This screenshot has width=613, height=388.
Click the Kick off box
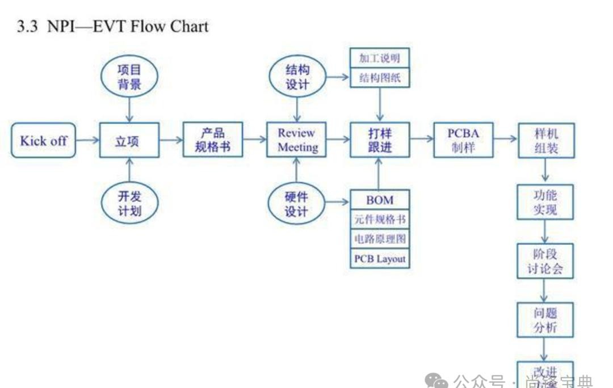coord(43,141)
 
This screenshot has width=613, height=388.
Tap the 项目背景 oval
coord(129,78)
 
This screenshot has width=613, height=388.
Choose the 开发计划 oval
coord(129,204)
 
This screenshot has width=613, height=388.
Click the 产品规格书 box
coord(213,140)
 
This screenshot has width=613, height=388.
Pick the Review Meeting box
coord(296,140)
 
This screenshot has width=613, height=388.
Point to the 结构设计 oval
coord(297,78)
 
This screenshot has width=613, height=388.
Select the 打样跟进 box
coord(380,140)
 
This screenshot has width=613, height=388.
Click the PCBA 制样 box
coord(463,140)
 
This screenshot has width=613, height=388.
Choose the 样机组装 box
coord(546,140)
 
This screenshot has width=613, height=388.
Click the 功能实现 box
coord(545,203)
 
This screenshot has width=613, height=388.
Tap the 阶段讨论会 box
coord(545,261)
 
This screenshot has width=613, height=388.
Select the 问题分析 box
coord(545,320)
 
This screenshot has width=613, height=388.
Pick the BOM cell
coord(380,200)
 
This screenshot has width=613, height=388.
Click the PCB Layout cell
coord(380,259)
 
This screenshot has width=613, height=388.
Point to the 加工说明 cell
coord(380,58)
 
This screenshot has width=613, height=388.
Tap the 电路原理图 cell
coord(380,239)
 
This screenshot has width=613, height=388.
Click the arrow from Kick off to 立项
coord(87,140)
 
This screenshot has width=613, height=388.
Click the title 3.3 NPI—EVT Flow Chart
coord(113,26)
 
